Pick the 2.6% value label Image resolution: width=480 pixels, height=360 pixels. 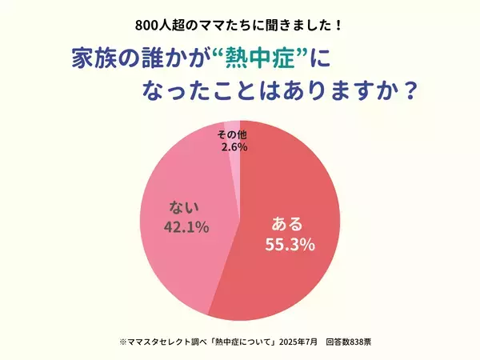point(233,146)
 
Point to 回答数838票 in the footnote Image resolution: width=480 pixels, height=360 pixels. point(348,342)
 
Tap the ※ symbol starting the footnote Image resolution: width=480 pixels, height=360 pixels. point(112,342)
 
